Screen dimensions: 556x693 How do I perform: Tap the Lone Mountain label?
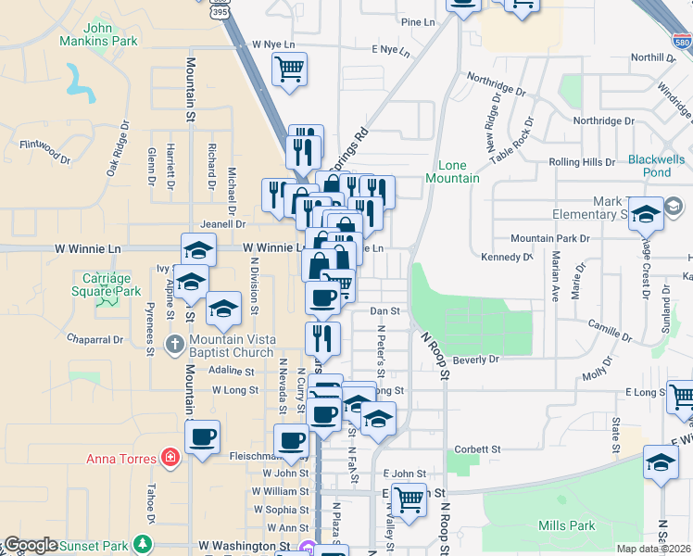453,171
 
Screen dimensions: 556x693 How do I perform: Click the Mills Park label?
566,525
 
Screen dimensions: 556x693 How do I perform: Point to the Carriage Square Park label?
111,284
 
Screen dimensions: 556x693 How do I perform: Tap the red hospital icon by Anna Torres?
169,457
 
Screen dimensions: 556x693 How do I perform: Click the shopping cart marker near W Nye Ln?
290,68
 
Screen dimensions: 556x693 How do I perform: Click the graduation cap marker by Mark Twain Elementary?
646,214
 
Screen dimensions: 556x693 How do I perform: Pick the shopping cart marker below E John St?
408,500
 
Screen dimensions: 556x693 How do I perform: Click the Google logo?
31,545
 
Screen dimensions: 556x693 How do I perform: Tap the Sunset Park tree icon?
142,542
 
